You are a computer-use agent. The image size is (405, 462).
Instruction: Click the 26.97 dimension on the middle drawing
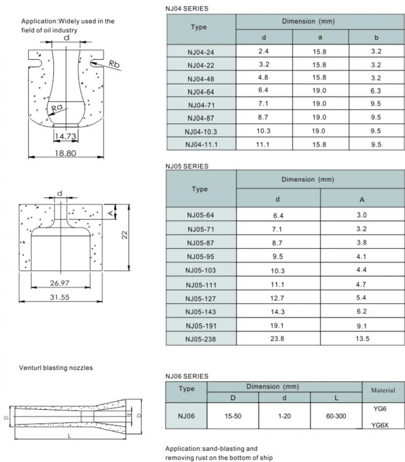pos(61,281)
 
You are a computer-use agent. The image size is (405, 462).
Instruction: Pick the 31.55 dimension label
pos(60,297)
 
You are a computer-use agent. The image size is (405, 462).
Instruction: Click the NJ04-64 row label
pos(201,92)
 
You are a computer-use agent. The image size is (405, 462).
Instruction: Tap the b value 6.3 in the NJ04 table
pos(376,91)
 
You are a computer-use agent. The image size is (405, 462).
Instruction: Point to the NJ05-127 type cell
pos(201,297)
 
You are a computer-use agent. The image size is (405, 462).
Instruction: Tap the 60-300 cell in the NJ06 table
pos(336,416)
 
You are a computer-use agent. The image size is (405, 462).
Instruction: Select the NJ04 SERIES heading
pos(187,9)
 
